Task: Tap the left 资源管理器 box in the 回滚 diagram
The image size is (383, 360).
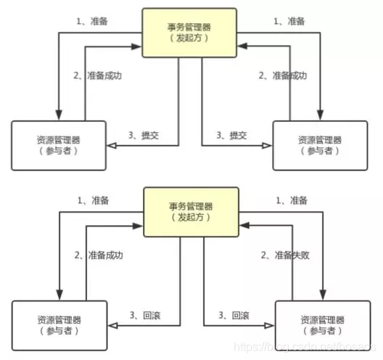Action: [x=60, y=324]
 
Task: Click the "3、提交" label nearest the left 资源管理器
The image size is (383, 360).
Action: [x=143, y=136]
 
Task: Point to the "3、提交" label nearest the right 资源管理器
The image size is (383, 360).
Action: [x=233, y=136]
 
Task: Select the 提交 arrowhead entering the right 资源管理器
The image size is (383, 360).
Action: [x=268, y=147]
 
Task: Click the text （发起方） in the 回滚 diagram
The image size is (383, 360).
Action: [x=190, y=218]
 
